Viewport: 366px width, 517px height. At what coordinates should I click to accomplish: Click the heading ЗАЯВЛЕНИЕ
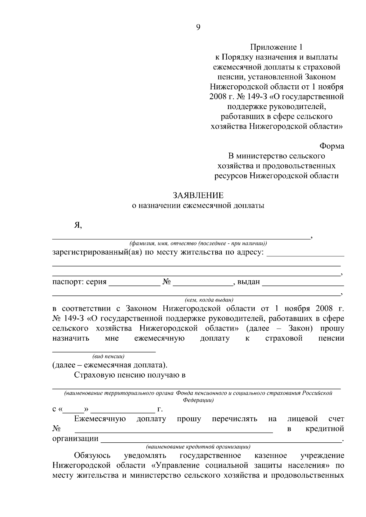coord(198,195)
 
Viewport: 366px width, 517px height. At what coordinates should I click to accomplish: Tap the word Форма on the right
coord(332,146)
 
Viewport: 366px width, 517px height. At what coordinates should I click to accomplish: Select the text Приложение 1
coord(277,47)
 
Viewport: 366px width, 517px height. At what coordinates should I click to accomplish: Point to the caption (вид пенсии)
coord(108,356)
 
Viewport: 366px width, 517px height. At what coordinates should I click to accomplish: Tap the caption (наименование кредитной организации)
coord(198,447)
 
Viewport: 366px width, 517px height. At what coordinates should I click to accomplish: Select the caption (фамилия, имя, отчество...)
coord(198,244)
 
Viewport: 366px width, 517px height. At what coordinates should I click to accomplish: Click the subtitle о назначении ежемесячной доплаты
coord(198,206)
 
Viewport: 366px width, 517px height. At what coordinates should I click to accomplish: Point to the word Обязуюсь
coord(92,456)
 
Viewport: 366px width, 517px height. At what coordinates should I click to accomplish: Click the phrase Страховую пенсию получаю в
coord(130,375)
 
